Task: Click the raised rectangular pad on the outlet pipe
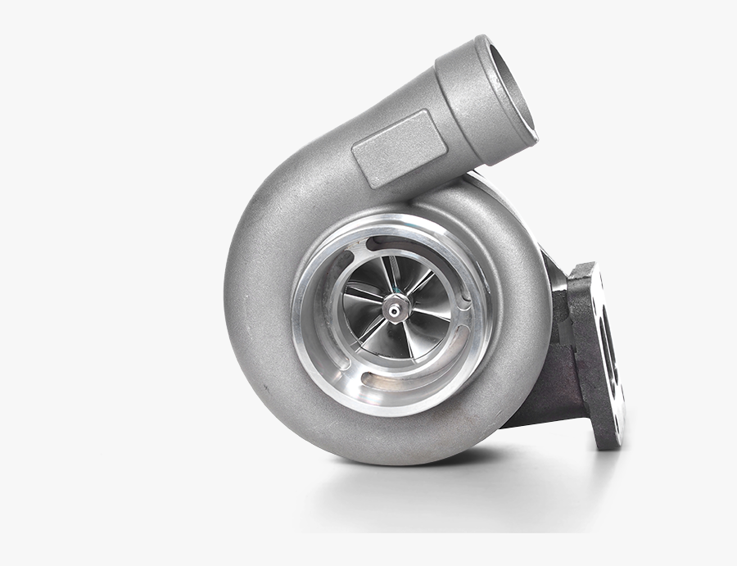400,147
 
